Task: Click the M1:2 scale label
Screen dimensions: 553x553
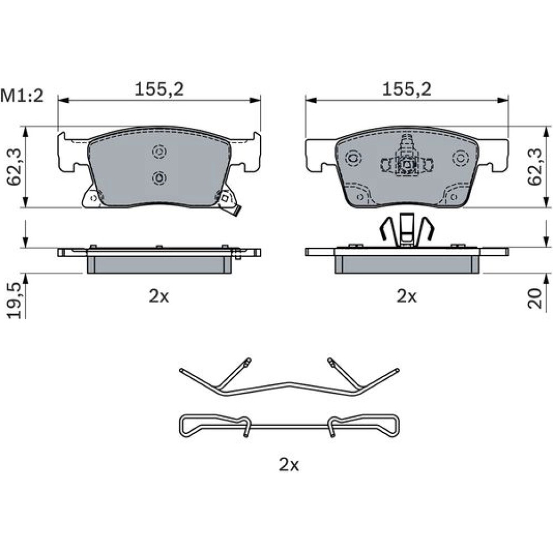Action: (x=22, y=96)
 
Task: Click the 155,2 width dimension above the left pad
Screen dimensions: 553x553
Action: (x=159, y=89)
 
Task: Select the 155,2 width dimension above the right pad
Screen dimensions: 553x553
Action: (x=407, y=89)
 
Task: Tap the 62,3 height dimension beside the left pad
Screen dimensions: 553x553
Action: (x=14, y=167)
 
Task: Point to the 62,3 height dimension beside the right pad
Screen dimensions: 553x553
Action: (x=535, y=167)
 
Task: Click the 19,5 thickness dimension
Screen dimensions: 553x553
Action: (x=14, y=300)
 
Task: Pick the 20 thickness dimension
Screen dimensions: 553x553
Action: (x=535, y=299)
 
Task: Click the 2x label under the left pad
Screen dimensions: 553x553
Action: (x=159, y=296)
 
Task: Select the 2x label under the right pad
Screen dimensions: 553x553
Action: (x=406, y=296)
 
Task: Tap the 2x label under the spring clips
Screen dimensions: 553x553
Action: (x=289, y=465)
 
